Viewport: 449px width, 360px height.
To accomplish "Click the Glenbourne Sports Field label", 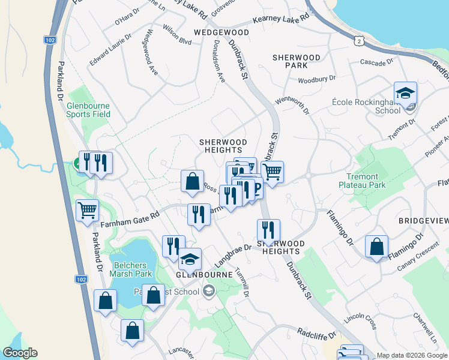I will [x=88, y=110].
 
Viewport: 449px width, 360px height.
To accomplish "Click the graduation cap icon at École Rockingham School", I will [x=405, y=94].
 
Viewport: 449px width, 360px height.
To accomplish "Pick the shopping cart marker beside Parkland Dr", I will [x=88, y=211].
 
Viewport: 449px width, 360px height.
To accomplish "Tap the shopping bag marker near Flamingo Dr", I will [x=376, y=247].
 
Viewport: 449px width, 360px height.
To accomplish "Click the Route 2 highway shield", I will [x=358, y=40].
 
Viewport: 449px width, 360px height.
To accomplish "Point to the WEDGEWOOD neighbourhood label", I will [x=221, y=32].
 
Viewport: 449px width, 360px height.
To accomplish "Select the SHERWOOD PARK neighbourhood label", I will [x=297, y=61].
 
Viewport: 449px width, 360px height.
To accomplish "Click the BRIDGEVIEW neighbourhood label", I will [x=423, y=221].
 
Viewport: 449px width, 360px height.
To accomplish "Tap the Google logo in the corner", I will [x=20, y=353].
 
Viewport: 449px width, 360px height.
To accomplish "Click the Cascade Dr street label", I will [x=376, y=62].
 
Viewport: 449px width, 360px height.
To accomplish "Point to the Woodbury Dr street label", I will [x=316, y=79].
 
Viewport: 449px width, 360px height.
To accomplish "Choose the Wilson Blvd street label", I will [x=177, y=42].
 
